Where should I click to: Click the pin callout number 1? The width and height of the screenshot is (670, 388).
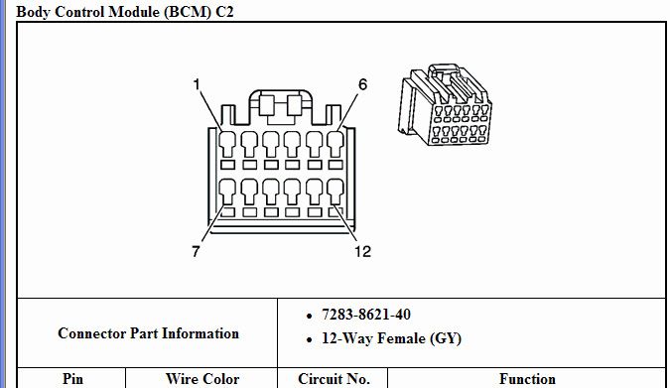[x=198, y=86]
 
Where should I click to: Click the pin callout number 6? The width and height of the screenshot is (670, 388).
[x=362, y=85]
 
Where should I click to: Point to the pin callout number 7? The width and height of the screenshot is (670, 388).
[x=197, y=251]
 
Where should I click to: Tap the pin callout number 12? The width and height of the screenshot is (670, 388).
[x=362, y=251]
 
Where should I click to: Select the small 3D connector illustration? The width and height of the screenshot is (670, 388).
[x=444, y=108]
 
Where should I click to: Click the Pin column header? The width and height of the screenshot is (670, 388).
[x=72, y=378]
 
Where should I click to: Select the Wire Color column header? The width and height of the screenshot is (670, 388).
[x=202, y=378]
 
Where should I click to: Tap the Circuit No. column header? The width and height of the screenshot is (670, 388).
[x=334, y=378]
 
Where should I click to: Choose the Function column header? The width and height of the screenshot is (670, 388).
[x=527, y=378]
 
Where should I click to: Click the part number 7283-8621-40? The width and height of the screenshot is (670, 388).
[x=365, y=315]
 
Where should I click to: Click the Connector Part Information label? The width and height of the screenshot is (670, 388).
[x=148, y=333]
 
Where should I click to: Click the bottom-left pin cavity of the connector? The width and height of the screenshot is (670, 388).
[x=227, y=190]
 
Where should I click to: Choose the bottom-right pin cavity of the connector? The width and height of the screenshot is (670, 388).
[x=336, y=190]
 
